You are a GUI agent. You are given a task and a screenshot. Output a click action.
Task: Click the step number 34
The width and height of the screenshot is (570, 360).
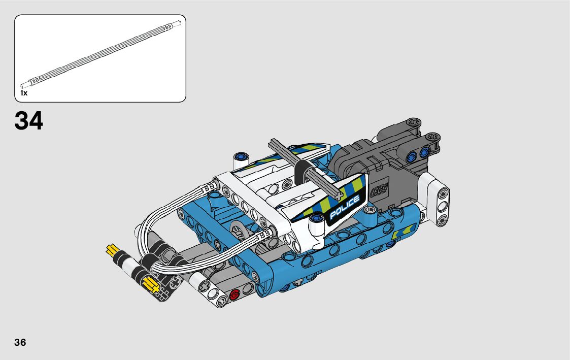click(29, 120)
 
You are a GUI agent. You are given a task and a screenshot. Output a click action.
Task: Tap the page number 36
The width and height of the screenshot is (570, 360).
click(20, 342)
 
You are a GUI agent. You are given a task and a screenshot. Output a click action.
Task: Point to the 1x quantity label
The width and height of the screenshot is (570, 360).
click(24, 93)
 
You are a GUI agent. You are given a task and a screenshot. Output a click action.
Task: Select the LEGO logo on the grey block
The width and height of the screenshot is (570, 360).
click(379, 190)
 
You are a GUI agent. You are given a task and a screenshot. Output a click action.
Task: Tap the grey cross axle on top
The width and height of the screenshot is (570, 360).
click(306, 169)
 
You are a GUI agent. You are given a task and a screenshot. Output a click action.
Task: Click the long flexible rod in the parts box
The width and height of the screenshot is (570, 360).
click(100, 55)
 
